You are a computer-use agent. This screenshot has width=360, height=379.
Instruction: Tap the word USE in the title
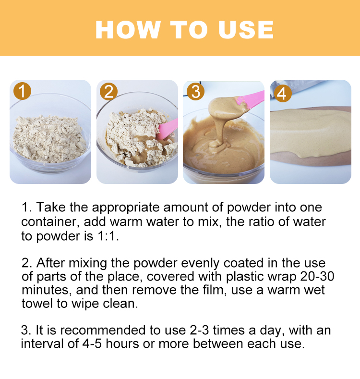pyautogui.click(x=246, y=30)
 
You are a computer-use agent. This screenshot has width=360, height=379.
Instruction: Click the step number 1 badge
pyautogui.click(x=22, y=91)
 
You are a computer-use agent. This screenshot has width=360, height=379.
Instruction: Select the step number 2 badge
pyautogui.click(x=109, y=92)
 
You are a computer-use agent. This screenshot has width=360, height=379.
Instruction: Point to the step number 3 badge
pyautogui.click(x=195, y=92)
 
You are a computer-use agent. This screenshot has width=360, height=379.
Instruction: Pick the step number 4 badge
pyautogui.click(x=282, y=94)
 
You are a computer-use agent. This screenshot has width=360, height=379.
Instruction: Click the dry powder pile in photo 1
pyautogui.click(x=49, y=139)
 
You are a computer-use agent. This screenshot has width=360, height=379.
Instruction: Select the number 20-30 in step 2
pyautogui.click(x=317, y=276)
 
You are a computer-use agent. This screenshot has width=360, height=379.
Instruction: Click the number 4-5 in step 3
pyautogui.click(x=92, y=344)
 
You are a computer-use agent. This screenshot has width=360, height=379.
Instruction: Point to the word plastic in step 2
pyautogui.click(x=244, y=277)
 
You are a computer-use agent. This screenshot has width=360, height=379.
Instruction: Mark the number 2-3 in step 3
pyautogui.click(x=199, y=330)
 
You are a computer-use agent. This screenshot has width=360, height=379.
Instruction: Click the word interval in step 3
pyautogui.click(x=42, y=344)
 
